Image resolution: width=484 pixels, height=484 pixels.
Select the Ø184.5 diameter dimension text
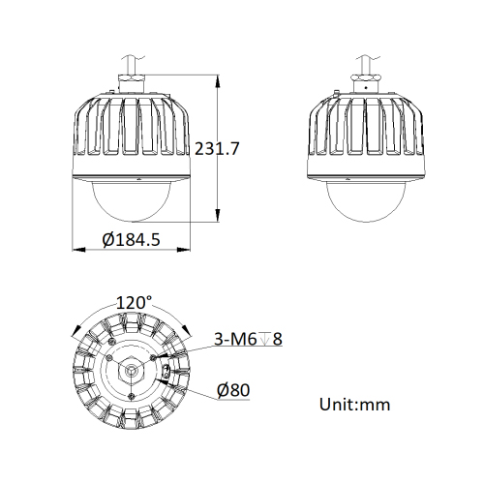tap(131, 240)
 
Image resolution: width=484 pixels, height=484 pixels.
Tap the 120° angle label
tap(135, 302)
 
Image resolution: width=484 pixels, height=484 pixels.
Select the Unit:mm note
tap(354, 404)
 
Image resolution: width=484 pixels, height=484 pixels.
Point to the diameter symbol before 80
tap(223, 390)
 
